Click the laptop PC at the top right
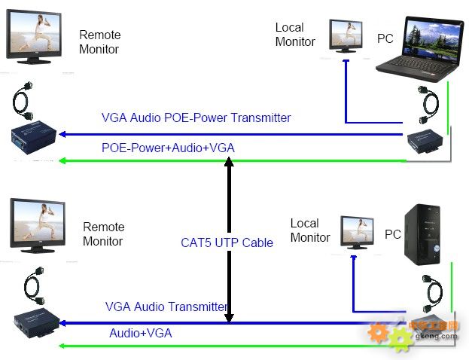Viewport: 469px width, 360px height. point(423,49)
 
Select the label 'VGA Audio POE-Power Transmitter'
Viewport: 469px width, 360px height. point(196,118)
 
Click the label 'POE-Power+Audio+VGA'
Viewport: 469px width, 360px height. point(168,148)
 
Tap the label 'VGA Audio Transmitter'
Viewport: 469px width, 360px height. point(166,307)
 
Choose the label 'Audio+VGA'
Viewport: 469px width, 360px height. point(141,332)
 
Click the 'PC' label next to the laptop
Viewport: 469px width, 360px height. point(385,38)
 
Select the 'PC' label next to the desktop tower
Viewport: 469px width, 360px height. point(393,234)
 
